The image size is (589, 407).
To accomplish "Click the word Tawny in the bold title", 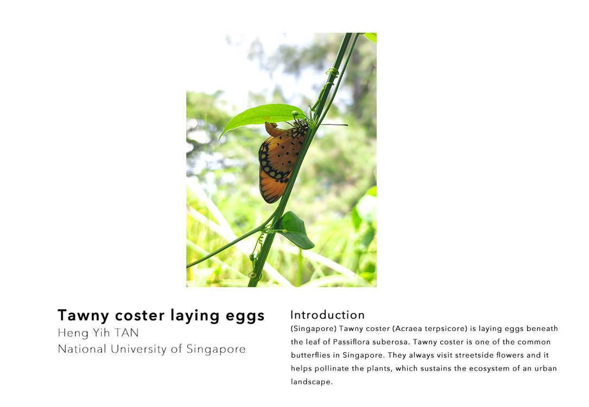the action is tap(84, 316).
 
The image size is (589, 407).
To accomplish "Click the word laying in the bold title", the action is tap(195, 316).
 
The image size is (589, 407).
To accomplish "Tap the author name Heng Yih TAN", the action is tap(98, 333).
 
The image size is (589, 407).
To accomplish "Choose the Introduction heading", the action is tap(327, 315).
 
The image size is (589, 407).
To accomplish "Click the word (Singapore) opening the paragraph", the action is tap(314, 329).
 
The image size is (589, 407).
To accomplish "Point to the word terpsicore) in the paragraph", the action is tap(446, 329).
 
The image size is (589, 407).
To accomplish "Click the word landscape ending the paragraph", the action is tap(311, 382).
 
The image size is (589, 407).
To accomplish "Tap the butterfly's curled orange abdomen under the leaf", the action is tap(274, 130).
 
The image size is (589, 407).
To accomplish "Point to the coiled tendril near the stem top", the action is tap(332, 72).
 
